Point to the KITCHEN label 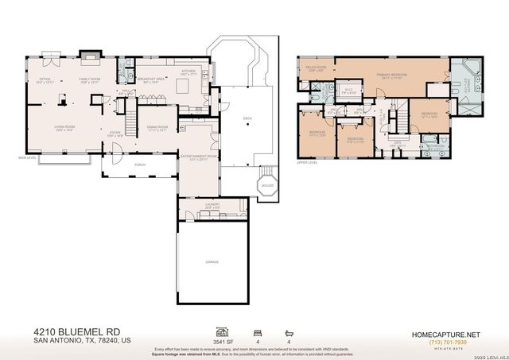point(188,72)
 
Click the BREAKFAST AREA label point(150,79)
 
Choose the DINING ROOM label point(157,128)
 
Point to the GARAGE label point(211,261)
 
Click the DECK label point(247,117)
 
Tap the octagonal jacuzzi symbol point(268,188)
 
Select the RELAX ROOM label point(317,68)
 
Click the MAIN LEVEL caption point(28,158)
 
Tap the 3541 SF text point(223,339)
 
